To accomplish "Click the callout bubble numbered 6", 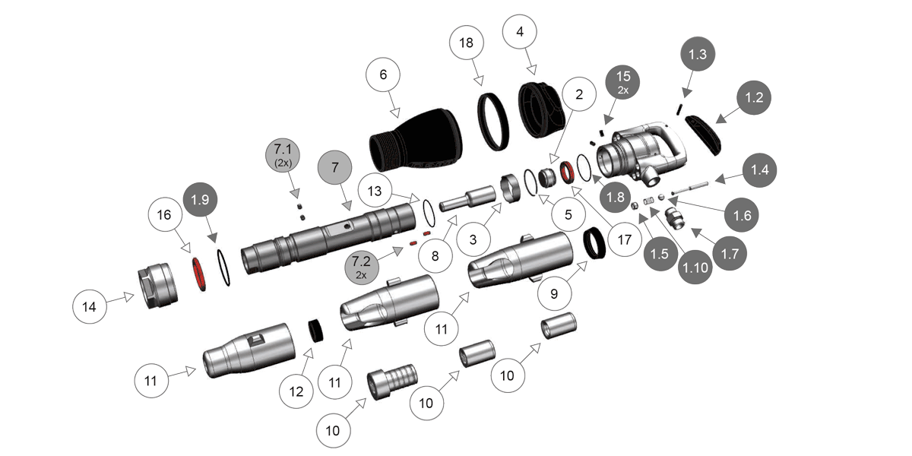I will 384,75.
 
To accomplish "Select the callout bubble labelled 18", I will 467,43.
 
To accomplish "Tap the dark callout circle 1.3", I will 697,55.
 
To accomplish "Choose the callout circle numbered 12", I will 296,391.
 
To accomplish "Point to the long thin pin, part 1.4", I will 692,186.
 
